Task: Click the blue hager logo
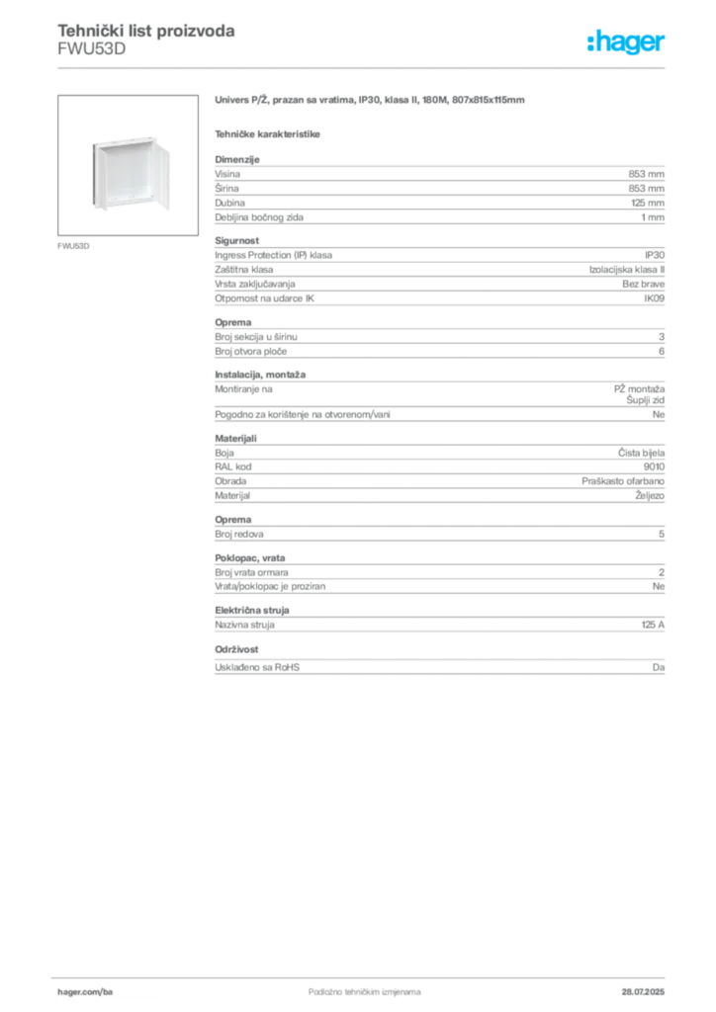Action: click(x=628, y=43)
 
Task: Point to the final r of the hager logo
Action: click(x=664, y=45)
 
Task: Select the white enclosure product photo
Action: click(x=130, y=177)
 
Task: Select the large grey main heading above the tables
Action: click(x=372, y=102)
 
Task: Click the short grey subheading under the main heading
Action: click(x=269, y=131)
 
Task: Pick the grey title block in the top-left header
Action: click(x=145, y=32)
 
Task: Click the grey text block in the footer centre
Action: click(x=352, y=987)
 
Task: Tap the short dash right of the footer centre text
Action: click(x=416, y=990)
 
